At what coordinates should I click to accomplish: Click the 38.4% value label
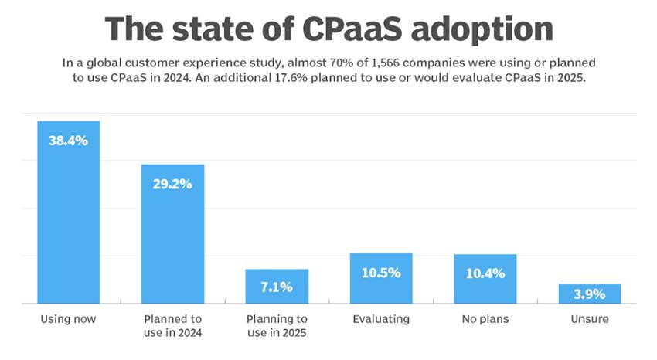click(x=68, y=141)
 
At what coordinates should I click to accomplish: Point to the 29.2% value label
click(x=172, y=185)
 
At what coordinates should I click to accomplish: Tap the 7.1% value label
click(x=277, y=287)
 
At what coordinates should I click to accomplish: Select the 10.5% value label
click(x=381, y=273)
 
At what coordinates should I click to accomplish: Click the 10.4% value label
click(x=485, y=273)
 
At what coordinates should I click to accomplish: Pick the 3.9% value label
click(x=590, y=295)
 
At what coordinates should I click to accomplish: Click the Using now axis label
click(x=68, y=319)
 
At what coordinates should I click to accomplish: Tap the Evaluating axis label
click(x=381, y=319)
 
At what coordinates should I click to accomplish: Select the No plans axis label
click(x=485, y=319)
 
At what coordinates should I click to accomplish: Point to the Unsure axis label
click(x=590, y=319)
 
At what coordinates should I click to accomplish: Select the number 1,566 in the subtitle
click(x=368, y=61)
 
